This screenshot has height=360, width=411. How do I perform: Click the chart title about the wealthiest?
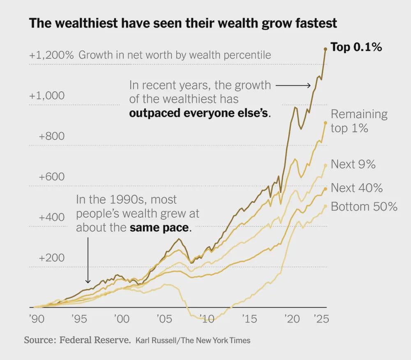(x=183, y=23)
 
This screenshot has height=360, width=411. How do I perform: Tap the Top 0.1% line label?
(x=356, y=47)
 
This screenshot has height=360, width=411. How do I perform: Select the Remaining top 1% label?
(x=359, y=121)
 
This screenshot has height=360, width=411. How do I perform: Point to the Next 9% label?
(x=353, y=164)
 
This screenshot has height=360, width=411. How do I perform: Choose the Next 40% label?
(x=357, y=188)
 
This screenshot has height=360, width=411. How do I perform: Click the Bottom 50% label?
(x=364, y=206)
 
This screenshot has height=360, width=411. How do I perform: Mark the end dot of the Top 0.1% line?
(x=326, y=49)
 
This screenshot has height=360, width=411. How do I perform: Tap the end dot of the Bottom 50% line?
(x=326, y=206)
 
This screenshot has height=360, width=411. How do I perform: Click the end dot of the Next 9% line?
(x=326, y=165)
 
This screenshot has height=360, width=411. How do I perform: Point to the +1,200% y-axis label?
(x=51, y=55)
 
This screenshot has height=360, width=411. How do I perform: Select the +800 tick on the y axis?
(x=52, y=136)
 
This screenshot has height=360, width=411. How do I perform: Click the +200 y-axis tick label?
(x=52, y=258)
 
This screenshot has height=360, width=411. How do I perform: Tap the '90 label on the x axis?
(x=37, y=318)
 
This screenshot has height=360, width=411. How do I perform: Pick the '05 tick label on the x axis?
(x=164, y=318)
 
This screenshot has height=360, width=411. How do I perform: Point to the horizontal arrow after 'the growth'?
(x=293, y=86)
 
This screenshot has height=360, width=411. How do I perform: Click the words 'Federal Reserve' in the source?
(x=95, y=340)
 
